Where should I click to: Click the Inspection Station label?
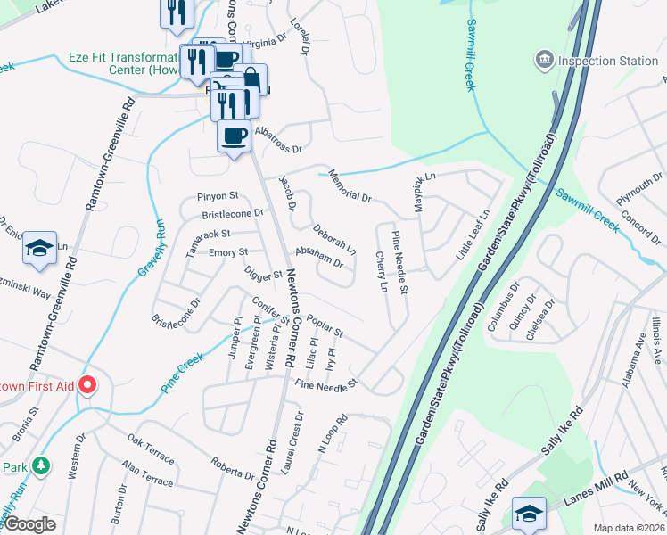pyautogui.click(x=608, y=61)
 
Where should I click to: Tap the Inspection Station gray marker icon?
pyautogui.click(x=544, y=61)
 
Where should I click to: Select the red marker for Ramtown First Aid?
pyautogui.click(x=87, y=385)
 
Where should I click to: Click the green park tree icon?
pyautogui.click(x=39, y=466)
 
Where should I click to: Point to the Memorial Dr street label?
pyautogui.click(x=350, y=185)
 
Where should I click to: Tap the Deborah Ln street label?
pyautogui.click(x=333, y=236)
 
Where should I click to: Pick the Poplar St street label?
pyautogui.click(x=325, y=325)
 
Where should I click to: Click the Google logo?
pyautogui.click(x=29, y=525)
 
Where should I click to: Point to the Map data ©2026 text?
pyautogui.click(x=630, y=528)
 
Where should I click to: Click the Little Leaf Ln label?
pyautogui.click(x=473, y=235)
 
